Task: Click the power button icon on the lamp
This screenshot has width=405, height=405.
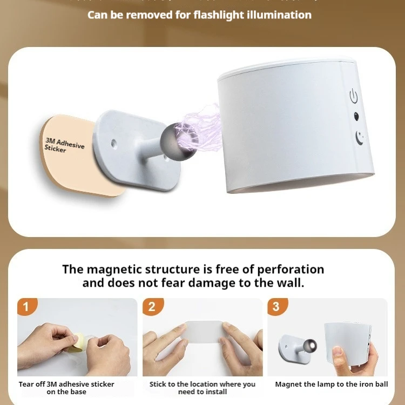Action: pos(354,97)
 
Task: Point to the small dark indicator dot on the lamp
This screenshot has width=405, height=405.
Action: pos(356,116)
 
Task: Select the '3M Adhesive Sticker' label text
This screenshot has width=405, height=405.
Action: pos(63,145)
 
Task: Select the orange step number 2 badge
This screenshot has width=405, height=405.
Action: pos(152,307)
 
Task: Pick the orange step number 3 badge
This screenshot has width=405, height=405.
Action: pos(276,307)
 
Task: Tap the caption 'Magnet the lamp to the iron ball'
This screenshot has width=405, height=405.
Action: pos(331,384)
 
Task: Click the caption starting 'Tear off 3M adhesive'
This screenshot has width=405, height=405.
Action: pos(66,384)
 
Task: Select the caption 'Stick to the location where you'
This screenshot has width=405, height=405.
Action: pos(202,384)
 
